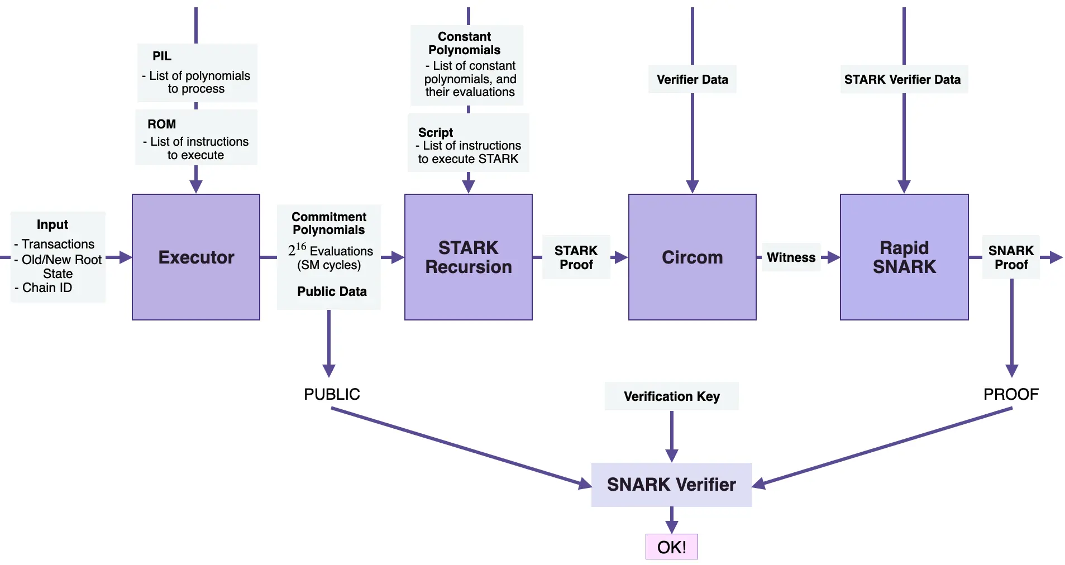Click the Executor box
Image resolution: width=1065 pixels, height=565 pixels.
coord(196,257)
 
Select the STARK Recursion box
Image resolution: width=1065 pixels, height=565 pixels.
coord(469,257)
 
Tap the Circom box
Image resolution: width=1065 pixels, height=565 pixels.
coord(693,257)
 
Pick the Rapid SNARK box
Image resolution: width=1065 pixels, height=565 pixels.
coord(904,257)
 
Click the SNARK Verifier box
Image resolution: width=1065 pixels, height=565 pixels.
coord(672,485)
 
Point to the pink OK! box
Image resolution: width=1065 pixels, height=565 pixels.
coord(672,547)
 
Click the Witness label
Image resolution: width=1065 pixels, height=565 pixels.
coord(791,257)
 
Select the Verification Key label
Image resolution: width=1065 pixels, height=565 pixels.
coord(672,396)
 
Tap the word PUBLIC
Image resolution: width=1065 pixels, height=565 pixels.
coord(332,394)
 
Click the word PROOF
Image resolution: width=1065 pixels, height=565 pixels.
coord(1011,394)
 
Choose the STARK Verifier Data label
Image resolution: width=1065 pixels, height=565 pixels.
coord(902,79)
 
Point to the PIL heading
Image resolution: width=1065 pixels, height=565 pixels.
coord(162,56)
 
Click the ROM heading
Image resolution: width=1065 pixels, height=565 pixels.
coord(161,124)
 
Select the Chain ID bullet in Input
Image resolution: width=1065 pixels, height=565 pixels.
coord(44,288)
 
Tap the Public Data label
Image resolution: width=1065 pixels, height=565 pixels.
coord(332,291)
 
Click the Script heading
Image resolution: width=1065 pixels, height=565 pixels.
coord(436,132)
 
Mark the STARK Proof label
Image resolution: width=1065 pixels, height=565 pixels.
coord(576,257)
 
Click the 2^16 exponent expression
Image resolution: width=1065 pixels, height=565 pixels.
coord(297,249)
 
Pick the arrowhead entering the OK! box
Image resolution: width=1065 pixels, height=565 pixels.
coord(672,526)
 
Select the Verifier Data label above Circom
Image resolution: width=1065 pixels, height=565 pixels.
coord(693,79)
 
